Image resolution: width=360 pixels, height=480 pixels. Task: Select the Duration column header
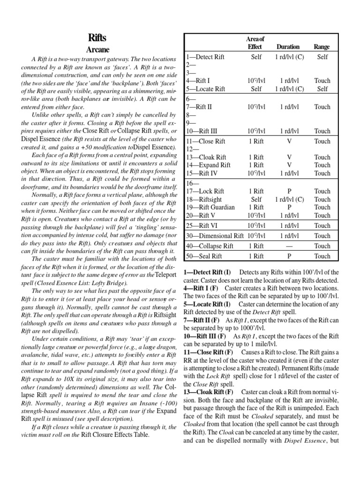pos(288,47)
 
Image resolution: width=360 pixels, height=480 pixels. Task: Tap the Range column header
pos(322,47)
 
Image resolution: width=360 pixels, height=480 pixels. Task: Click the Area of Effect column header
pos(255,43)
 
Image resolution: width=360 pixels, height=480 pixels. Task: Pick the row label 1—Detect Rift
pos(205,57)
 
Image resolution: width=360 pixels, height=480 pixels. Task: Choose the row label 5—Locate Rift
pos(205,89)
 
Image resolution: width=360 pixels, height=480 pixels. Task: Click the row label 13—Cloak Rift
pos(206,157)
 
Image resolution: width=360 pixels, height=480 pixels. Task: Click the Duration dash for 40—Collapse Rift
pos(289,246)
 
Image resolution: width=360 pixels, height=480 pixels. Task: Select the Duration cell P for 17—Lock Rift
pos(289,191)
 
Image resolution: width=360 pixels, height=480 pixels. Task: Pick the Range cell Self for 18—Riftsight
pos(322,199)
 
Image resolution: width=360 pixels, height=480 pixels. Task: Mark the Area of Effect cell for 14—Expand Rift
pos(256,165)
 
